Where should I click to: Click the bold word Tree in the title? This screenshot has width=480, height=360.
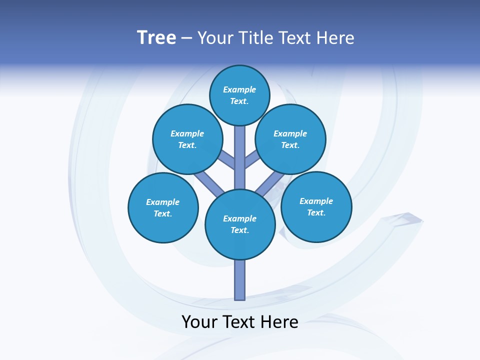click(x=156, y=37)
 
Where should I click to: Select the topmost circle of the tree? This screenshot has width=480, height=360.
click(x=239, y=95)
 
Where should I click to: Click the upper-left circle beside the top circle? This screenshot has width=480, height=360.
click(x=187, y=139)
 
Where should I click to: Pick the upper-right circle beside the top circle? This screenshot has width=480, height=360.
click(x=290, y=139)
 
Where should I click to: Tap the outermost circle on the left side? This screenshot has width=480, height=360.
click(x=163, y=207)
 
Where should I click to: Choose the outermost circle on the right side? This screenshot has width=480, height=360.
click(x=316, y=206)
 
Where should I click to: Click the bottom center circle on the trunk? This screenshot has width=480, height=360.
click(x=240, y=224)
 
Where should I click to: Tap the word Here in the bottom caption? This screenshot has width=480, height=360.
click(x=280, y=322)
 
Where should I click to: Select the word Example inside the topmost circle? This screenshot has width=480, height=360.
click(x=239, y=89)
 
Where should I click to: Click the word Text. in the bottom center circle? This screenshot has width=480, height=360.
click(x=239, y=230)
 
